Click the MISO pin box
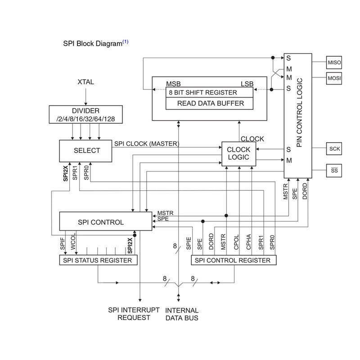[x=334, y=62]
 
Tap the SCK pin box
[x=334, y=148]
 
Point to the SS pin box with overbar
[x=334, y=171]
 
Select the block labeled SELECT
[x=86, y=150]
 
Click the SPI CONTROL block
[x=106, y=222]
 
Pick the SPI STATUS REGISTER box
[x=99, y=261]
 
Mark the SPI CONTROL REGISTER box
[x=234, y=261]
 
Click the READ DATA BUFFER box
[x=210, y=103]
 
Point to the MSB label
[x=174, y=84]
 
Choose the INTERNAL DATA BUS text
[x=182, y=314]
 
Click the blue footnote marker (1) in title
[x=126, y=42]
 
